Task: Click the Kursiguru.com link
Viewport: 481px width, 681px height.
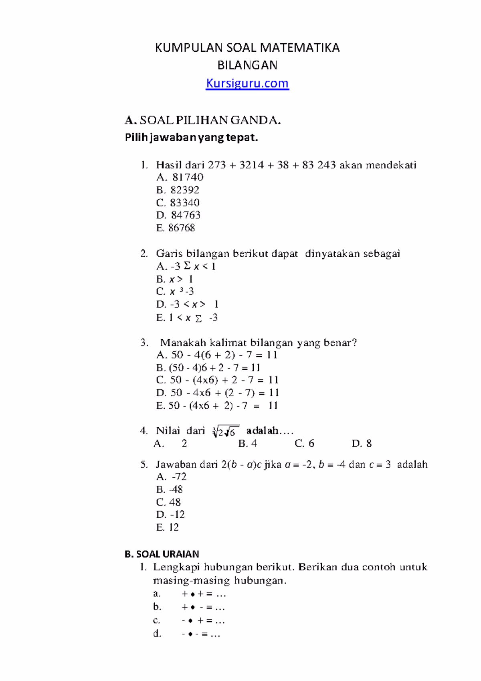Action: click(247, 83)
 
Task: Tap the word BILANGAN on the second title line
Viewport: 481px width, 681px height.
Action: click(247, 65)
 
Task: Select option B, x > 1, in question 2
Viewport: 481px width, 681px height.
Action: click(175, 279)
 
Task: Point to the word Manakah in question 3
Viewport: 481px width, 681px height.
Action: click(183, 343)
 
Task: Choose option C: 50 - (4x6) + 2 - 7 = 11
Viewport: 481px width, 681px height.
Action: click(217, 380)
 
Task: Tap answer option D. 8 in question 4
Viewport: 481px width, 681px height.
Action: click(362, 443)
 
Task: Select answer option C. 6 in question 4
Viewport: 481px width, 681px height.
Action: click(304, 443)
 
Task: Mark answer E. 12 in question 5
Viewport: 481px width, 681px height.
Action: click(167, 527)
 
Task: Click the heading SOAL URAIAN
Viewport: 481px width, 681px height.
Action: click(162, 554)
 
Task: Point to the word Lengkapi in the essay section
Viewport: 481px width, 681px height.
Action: click(176, 567)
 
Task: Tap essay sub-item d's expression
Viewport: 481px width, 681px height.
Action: click(201, 634)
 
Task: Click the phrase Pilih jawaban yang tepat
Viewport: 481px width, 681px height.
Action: click(192, 138)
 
